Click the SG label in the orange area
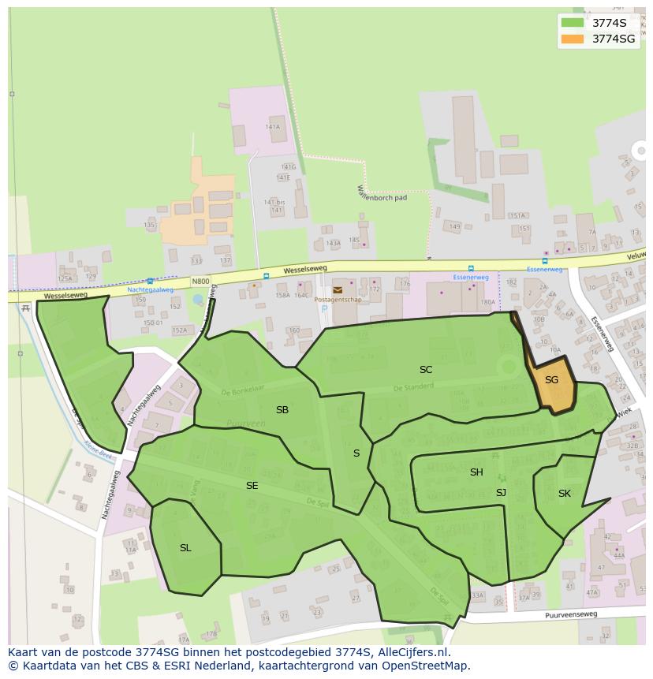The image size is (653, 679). [x=551, y=380]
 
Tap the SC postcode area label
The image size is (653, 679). [x=426, y=369]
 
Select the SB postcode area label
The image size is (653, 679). [x=282, y=410]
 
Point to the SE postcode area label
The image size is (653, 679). [x=252, y=486]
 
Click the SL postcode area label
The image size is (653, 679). [x=185, y=548]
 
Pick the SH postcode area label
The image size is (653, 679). [x=476, y=472]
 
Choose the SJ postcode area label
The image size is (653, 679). [x=501, y=493]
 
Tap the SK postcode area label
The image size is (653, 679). [x=564, y=494]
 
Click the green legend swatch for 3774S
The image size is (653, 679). [x=573, y=23]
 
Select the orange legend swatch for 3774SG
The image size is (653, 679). [x=573, y=39]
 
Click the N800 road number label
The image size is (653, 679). [x=200, y=281]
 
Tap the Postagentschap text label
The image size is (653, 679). [x=337, y=300]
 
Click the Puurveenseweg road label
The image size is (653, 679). [x=571, y=614]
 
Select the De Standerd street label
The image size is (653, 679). [x=412, y=387]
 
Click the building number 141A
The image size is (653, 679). [x=273, y=126]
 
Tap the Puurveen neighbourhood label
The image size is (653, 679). [x=241, y=423]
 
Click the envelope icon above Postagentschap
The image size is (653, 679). [x=338, y=290]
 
